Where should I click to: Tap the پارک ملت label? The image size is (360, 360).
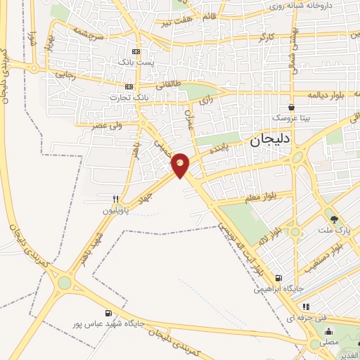334,230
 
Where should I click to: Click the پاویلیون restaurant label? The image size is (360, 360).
117,210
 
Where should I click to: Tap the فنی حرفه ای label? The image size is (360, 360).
316,318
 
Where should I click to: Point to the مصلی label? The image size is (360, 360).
329,342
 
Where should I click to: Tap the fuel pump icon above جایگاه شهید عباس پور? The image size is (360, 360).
108,313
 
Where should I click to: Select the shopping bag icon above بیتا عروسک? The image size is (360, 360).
291,108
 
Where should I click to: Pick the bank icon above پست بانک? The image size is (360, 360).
136,51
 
